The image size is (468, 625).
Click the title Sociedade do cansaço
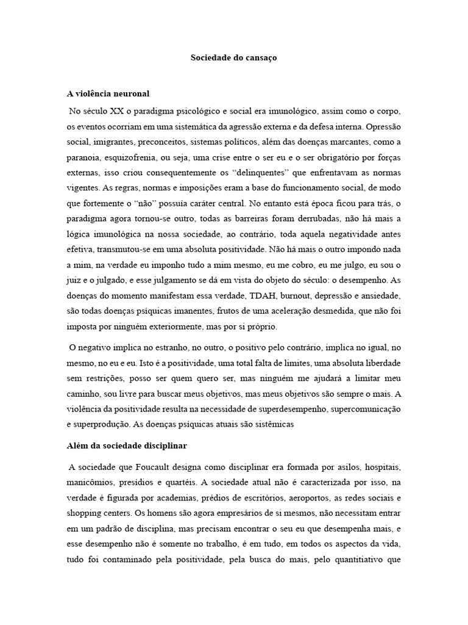(234, 59)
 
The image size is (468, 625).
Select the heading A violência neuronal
(108, 94)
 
